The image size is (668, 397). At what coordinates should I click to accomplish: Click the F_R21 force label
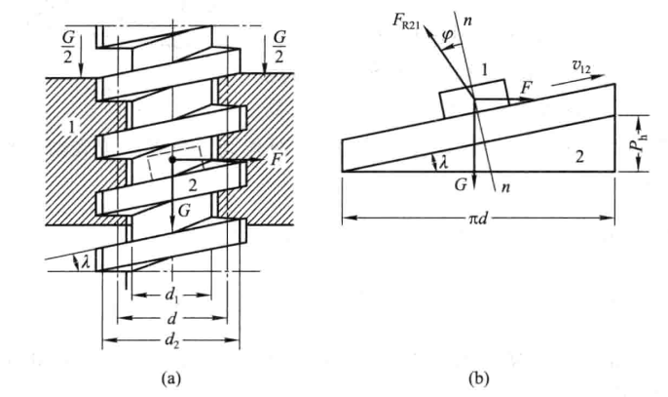(406, 21)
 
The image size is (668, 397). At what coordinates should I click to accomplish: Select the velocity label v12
(581, 66)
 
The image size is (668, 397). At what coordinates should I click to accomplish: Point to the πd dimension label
(477, 218)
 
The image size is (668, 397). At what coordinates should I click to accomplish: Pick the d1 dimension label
(171, 296)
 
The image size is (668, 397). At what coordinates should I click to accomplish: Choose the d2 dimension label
(171, 341)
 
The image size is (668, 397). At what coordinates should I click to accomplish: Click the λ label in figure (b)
(444, 162)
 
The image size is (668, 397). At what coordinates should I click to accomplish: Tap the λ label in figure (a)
(86, 261)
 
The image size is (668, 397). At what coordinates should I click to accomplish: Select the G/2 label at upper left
(68, 48)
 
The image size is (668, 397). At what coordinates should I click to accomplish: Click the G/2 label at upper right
(279, 48)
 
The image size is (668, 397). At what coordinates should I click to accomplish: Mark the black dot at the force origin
(171, 160)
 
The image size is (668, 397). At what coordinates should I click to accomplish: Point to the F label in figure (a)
(277, 160)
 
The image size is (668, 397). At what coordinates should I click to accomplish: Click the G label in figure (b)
(461, 184)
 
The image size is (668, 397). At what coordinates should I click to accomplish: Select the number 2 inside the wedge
(579, 157)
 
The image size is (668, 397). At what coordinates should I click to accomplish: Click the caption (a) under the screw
(171, 378)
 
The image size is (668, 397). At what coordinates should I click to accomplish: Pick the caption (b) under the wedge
(479, 378)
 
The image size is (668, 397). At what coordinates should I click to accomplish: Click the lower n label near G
(505, 186)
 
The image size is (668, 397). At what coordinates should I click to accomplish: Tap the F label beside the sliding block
(527, 89)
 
